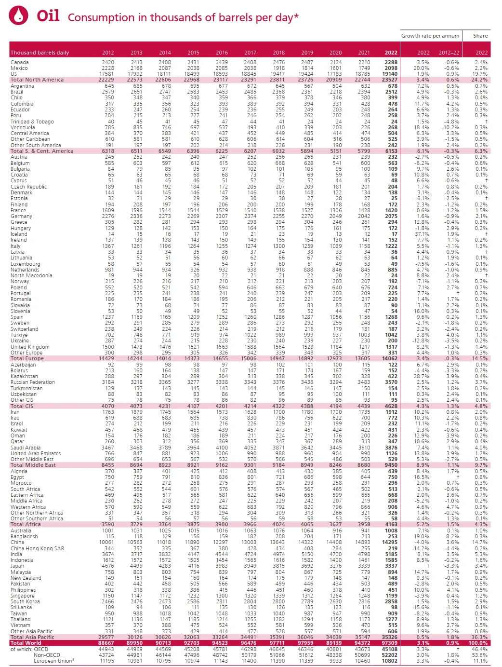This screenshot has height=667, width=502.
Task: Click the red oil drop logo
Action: point(18,15)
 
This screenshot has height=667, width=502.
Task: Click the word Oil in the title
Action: point(48,16)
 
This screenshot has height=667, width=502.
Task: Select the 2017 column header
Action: point(250,53)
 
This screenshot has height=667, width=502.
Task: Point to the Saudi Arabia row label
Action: point(26,448)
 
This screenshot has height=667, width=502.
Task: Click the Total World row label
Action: point(26,643)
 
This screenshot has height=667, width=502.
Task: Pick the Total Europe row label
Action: point(27,358)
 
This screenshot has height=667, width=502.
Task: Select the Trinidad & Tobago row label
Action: point(32,122)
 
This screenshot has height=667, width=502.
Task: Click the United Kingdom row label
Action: point(30,347)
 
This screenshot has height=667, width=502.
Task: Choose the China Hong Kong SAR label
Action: point(37,548)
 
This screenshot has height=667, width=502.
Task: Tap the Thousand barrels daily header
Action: point(40,53)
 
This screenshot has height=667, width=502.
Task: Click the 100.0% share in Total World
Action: point(478,643)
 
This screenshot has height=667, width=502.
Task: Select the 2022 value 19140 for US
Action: point(390,74)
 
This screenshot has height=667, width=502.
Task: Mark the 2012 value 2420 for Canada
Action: point(108,62)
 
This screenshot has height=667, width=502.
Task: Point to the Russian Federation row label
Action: point(33,382)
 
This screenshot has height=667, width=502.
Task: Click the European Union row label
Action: point(54,661)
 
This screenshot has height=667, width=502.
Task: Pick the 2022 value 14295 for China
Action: point(390,542)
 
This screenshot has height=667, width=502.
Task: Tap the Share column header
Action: point(480,36)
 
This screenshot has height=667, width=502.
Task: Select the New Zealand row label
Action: point(26,578)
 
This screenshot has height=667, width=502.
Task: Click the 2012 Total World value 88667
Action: point(106,643)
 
